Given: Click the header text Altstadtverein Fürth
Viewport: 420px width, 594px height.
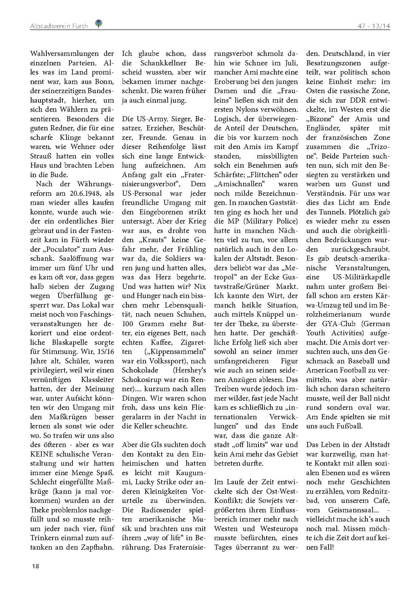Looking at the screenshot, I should tap(59, 26).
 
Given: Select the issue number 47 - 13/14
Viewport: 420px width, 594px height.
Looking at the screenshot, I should tap(373, 26).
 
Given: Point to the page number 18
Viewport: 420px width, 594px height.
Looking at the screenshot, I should tap(35, 566).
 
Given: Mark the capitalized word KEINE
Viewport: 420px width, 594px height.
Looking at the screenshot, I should tap(42, 454).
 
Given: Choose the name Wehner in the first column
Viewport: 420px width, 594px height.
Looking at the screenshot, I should tap(93, 146).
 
